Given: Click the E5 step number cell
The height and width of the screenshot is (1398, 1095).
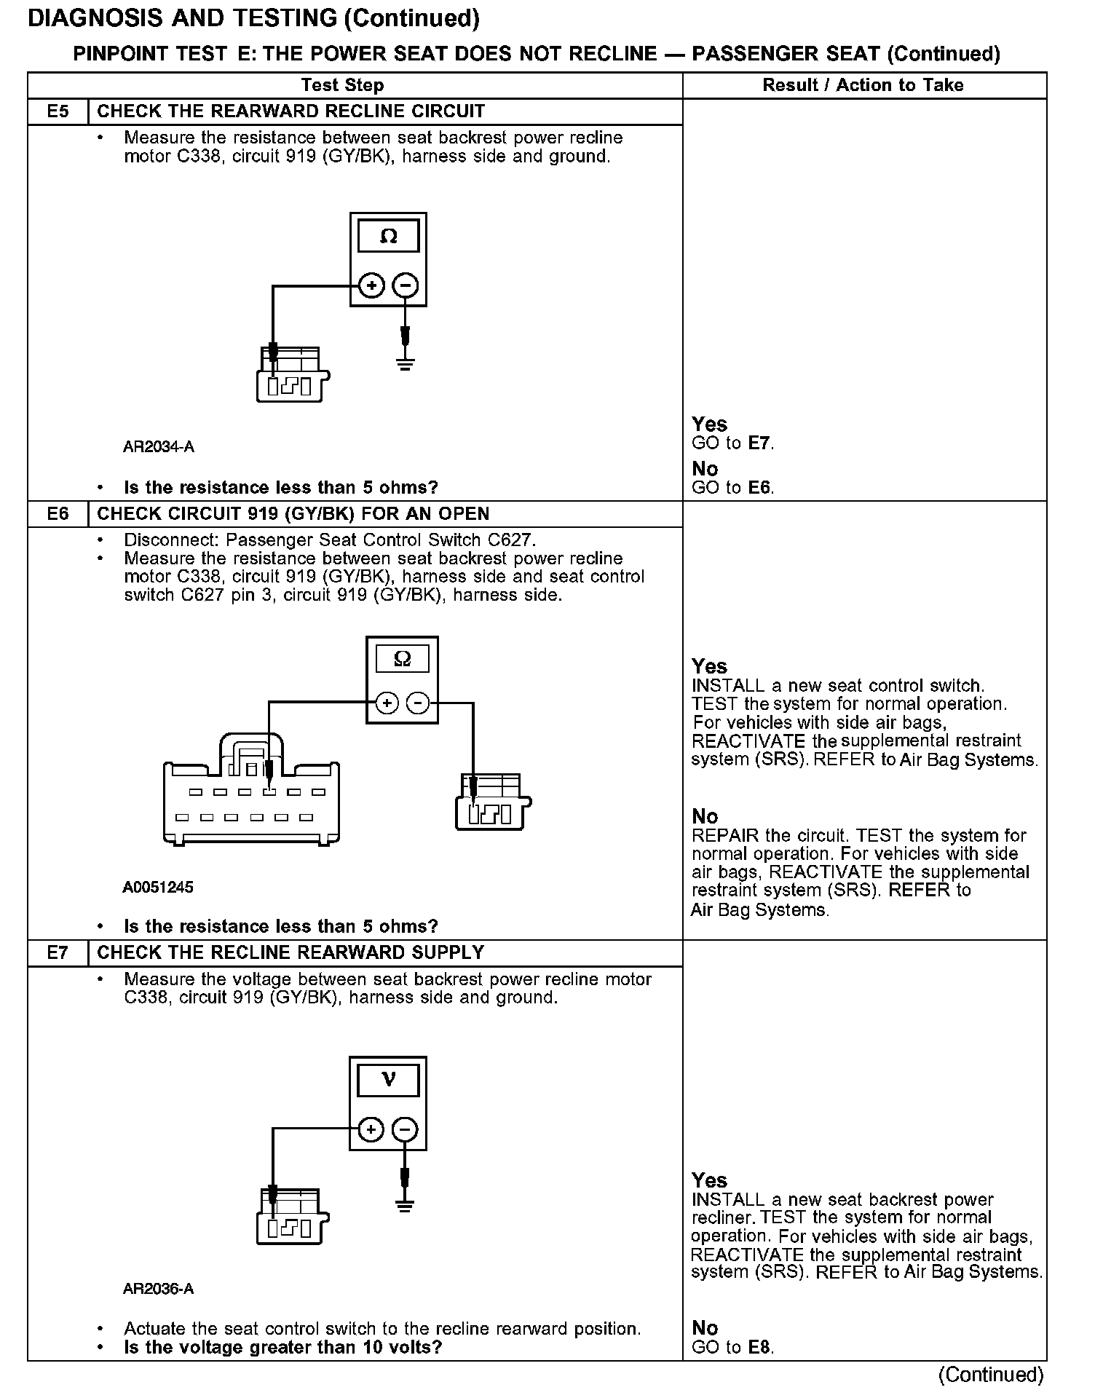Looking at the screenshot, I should pyautogui.click(x=58, y=111).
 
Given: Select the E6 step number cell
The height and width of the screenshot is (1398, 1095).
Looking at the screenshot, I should pyautogui.click(x=58, y=514).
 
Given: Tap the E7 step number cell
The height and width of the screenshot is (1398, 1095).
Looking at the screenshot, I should pyautogui.click(x=58, y=952).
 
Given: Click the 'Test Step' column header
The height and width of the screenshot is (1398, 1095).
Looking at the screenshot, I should pyautogui.click(x=342, y=85).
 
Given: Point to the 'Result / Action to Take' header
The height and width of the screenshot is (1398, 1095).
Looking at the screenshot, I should pyautogui.click(x=863, y=85).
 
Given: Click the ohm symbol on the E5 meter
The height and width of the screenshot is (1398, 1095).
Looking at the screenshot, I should pyautogui.click(x=389, y=237).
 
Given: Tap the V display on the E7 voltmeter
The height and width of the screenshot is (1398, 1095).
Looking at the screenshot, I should pyautogui.click(x=388, y=1080).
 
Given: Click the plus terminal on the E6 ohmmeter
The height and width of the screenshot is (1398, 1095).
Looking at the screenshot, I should pyautogui.click(x=387, y=703).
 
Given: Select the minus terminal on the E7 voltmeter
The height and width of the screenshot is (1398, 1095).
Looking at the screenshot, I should pyautogui.click(x=406, y=1129).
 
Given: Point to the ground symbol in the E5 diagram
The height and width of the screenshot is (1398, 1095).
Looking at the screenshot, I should pyautogui.click(x=406, y=363).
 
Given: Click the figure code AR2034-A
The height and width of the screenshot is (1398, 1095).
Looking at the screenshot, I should pyautogui.click(x=159, y=447).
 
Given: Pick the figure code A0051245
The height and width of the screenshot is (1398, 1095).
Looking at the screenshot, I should pyautogui.click(x=158, y=887).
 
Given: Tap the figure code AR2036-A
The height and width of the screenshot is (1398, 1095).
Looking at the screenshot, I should pyautogui.click(x=159, y=1289).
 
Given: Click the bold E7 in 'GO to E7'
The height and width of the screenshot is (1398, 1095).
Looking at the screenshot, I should pyautogui.click(x=759, y=443).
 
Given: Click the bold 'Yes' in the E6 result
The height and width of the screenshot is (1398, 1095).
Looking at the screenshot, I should pyautogui.click(x=709, y=666).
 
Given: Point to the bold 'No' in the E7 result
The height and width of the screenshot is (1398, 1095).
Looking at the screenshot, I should pyautogui.click(x=705, y=1328).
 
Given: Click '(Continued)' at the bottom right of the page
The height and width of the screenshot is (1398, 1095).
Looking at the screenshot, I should pyautogui.click(x=991, y=1375).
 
